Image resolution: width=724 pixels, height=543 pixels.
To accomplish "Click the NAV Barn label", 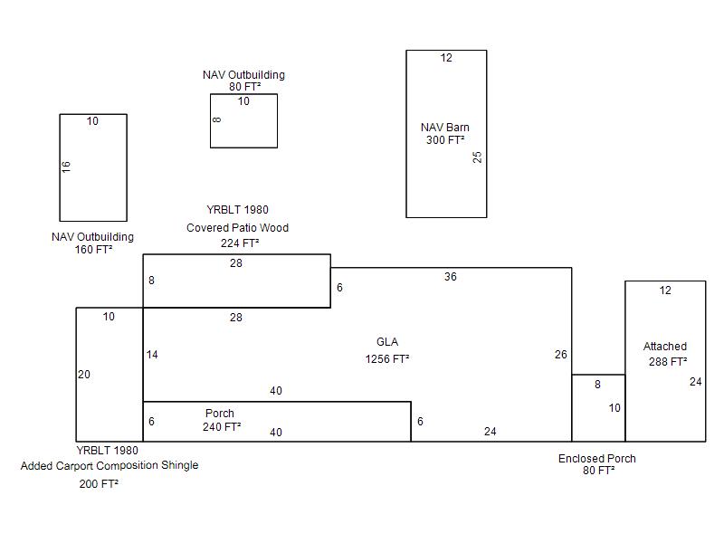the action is point(444,128).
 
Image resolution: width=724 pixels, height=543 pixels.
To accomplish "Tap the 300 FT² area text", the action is point(445,140).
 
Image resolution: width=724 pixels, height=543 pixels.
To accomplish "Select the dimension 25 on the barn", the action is point(477,157).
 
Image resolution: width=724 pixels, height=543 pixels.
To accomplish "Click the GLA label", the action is point(387,342).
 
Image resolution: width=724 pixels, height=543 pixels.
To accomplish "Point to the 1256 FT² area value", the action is point(387,358).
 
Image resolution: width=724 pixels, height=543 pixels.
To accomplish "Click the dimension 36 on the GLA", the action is point(450,277).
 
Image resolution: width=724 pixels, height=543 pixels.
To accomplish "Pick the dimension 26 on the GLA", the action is point(560,354).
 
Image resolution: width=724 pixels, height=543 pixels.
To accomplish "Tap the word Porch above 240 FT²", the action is point(219,414).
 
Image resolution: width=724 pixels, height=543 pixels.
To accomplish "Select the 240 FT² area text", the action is point(222,426).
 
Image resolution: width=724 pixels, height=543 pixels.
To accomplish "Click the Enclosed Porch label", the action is point(596,459).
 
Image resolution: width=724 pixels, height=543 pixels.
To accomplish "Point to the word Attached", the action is point(664,347).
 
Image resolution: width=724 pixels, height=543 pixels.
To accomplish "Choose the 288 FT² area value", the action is point(668,361).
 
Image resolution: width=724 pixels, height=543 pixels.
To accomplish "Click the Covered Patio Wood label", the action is point(237,228).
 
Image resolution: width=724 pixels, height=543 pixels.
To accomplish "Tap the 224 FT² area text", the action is point(240,243).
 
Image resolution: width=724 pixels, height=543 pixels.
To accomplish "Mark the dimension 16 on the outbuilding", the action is point(66,167).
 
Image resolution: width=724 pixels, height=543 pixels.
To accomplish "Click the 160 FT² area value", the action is point(94,250).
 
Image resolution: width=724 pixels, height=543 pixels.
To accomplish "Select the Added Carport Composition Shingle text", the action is point(110,465).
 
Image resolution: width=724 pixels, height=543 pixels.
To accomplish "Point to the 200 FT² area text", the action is point(99,484).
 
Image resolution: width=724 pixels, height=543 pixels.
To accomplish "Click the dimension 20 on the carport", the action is point(84,375).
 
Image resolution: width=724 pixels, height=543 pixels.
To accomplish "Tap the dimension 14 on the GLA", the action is point(152,355).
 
